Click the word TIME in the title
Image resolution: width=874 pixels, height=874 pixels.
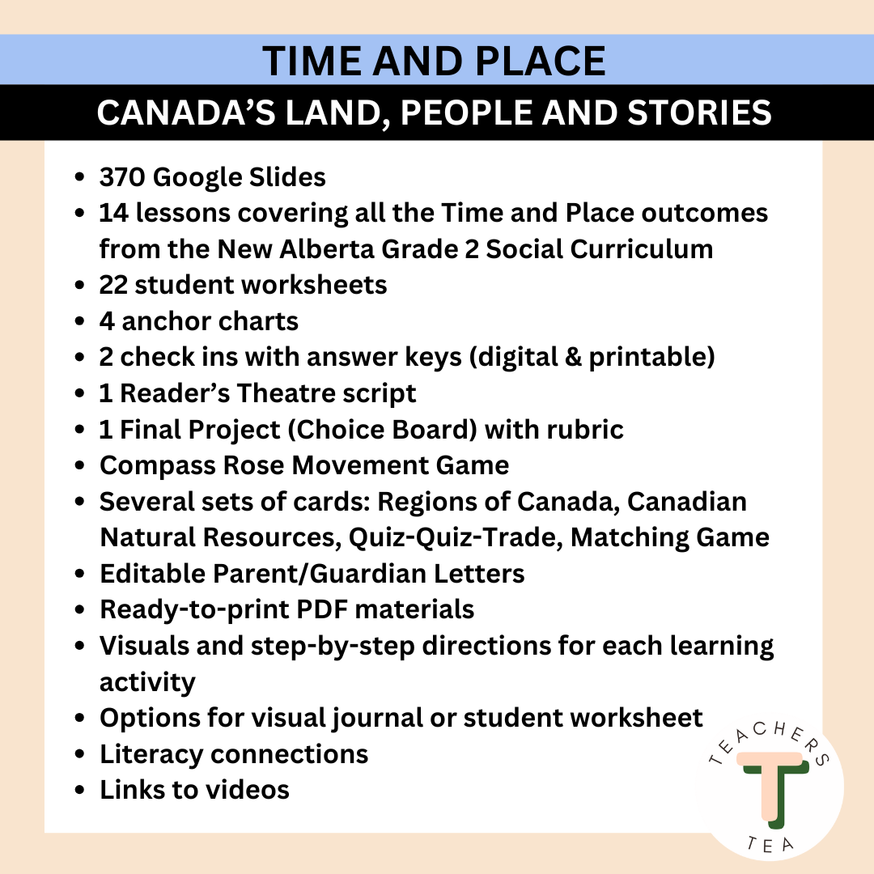312,61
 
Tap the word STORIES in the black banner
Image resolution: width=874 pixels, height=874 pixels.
699,112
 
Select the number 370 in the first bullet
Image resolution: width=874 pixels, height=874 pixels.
122,177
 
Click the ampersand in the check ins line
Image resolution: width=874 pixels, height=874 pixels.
573,357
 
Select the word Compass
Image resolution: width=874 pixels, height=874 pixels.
158,466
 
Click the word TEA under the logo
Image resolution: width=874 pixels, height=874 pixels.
770,844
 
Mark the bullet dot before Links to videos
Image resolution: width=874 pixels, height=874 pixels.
79,791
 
